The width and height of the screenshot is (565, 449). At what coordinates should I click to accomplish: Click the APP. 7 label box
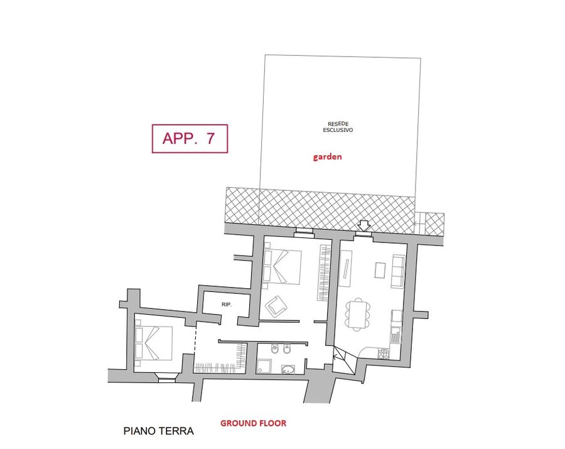pos(190,138)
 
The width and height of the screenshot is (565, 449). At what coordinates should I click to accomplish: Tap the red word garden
pos(327,157)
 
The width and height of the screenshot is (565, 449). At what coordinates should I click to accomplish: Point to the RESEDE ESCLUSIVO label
pos(338,127)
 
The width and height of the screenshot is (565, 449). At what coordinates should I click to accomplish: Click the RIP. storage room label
pos(226,305)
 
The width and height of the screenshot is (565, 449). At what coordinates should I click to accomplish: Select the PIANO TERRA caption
pos(159,431)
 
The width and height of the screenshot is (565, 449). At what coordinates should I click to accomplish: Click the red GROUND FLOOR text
pos(254,423)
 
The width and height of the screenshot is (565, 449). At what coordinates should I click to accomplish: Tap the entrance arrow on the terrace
pos(364,226)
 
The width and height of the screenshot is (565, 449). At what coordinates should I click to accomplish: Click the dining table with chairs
pos(358,314)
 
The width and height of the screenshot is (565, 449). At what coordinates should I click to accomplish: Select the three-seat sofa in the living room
pos(398,271)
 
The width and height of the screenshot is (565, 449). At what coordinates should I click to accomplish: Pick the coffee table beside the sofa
pos(380,270)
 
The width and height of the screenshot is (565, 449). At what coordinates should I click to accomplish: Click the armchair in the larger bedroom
pos(276,306)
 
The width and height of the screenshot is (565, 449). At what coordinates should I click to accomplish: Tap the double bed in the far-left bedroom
pos(154,343)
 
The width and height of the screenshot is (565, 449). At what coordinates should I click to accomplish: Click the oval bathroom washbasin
pos(288,369)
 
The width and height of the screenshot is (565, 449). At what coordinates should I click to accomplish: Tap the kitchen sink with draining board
pos(395,335)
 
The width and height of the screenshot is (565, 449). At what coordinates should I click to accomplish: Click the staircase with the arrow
pos(344,360)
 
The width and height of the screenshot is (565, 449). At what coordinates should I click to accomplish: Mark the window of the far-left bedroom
pos(166,378)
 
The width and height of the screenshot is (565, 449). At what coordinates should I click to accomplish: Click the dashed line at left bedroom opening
pos(195,343)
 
